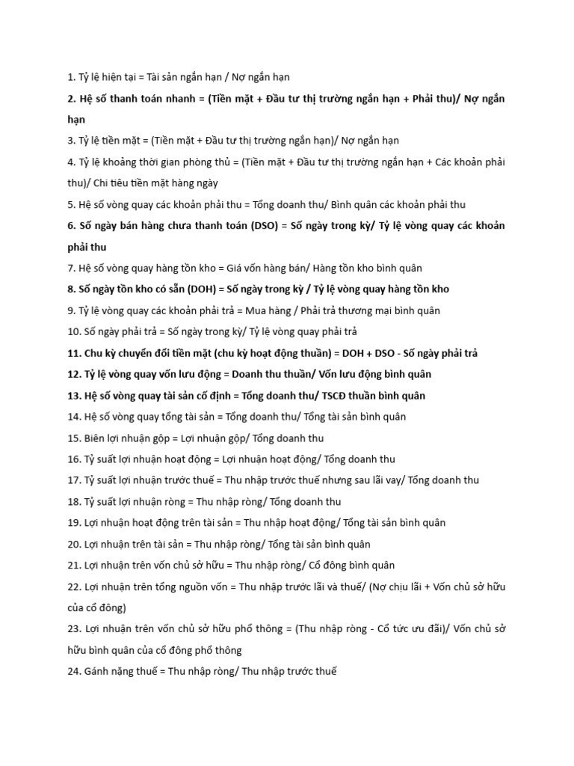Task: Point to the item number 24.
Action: coord(73,671)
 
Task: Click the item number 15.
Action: coord(73,438)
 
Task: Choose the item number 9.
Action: coord(70,310)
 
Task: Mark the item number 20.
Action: coord(73,544)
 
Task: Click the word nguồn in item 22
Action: coord(191,586)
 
